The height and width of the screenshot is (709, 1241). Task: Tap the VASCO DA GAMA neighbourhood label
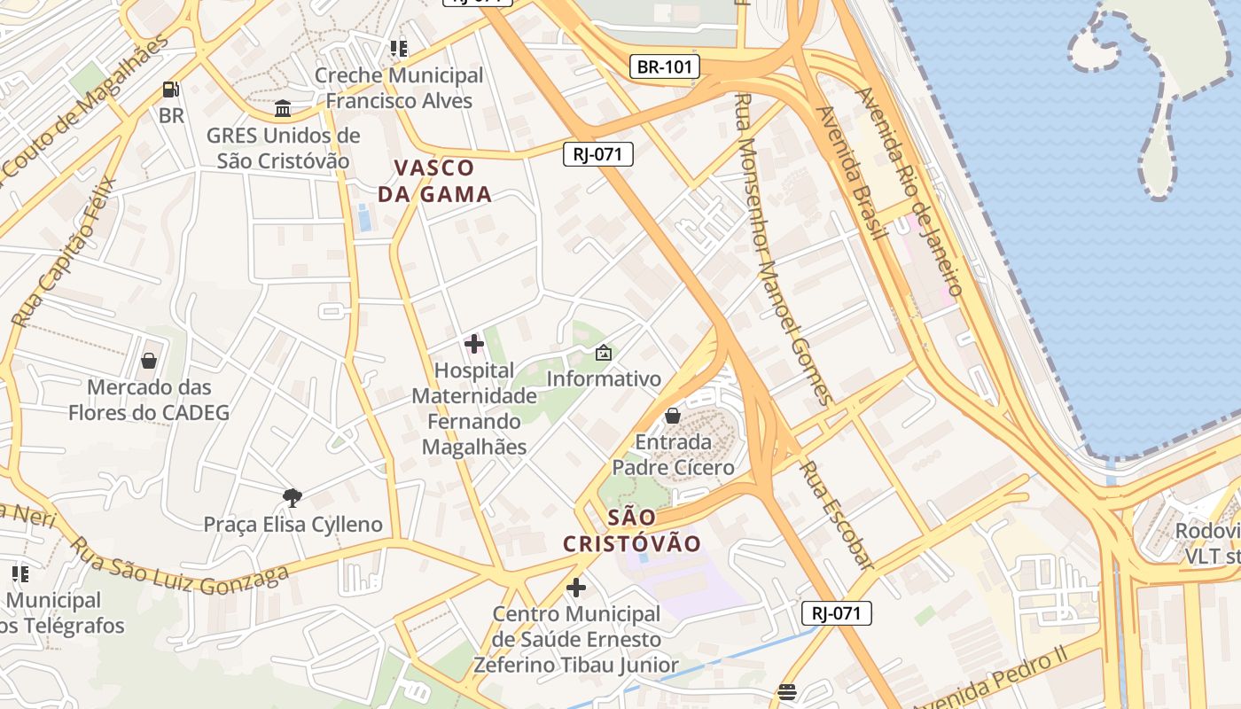[x=434, y=181]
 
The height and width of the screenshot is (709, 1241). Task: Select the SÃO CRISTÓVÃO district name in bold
[x=632, y=530]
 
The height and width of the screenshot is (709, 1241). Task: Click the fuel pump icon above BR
[x=171, y=90]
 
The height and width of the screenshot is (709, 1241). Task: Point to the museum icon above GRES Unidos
[x=283, y=108]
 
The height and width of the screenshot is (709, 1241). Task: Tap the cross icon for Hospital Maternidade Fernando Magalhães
[x=474, y=344]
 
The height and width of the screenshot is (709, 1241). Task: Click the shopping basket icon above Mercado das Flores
[x=149, y=361]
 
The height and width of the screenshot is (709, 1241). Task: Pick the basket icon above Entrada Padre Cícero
[x=673, y=415]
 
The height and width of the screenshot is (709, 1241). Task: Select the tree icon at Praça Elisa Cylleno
[x=292, y=497]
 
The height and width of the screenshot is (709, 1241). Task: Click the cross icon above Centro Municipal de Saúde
[x=576, y=587]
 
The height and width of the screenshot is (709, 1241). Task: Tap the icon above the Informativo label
[x=604, y=353]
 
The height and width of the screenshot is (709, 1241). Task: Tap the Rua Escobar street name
[x=836, y=515]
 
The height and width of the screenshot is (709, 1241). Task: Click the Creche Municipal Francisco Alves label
[x=399, y=88]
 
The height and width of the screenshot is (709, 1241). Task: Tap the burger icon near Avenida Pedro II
[x=787, y=692]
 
